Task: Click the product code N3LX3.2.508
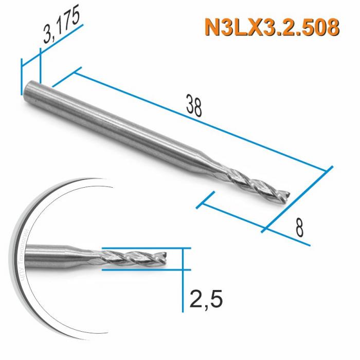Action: tap(272, 26)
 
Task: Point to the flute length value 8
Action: tap(298, 226)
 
